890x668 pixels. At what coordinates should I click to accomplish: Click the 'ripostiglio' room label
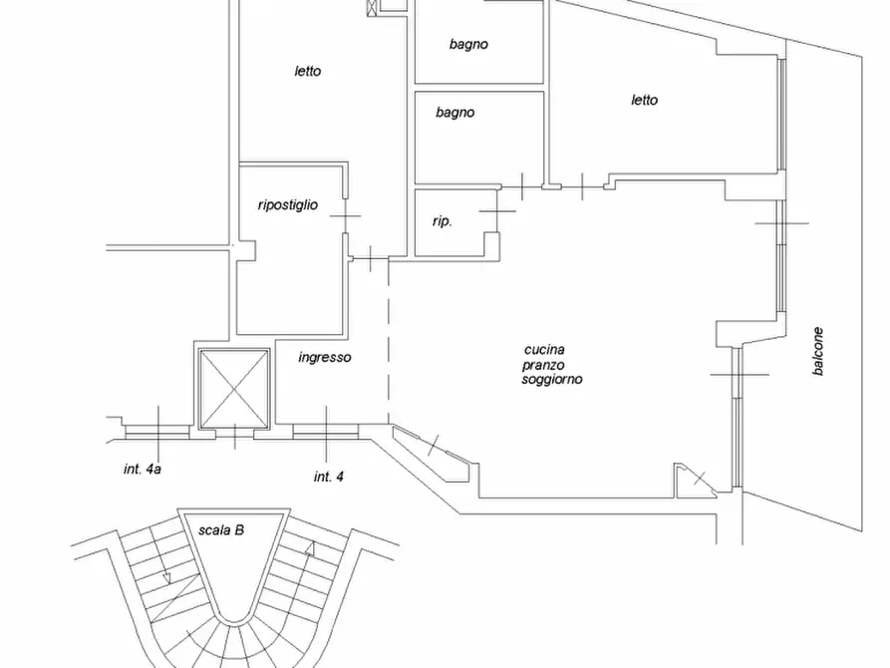(x=288, y=205)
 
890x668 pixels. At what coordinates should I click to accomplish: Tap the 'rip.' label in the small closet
(x=443, y=221)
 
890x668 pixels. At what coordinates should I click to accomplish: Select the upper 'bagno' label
(x=468, y=44)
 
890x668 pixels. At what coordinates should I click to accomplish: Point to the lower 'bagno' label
(x=455, y=113)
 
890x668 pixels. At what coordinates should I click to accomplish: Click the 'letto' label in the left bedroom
(x=308, y=71)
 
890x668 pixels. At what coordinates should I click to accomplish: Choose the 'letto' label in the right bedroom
(x=644, y=100)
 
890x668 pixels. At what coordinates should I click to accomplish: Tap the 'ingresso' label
(x=325, y=357)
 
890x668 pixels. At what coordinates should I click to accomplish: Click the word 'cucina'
(x=544, y=350)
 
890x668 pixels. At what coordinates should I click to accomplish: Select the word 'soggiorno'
(x=552, y=380)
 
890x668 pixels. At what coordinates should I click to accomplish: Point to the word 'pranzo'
(x=543, y=365)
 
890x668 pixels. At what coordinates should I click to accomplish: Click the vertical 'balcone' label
(x=817, y=351)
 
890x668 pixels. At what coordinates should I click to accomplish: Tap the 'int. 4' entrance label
(x=329, y=477)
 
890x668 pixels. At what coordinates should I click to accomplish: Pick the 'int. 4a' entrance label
(x=143, y=470)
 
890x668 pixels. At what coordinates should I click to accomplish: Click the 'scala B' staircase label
(x=221, y=530)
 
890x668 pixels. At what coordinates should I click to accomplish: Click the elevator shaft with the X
(x=233, y=389)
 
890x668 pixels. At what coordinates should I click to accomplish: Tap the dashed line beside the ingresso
(x=389, y=341)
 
